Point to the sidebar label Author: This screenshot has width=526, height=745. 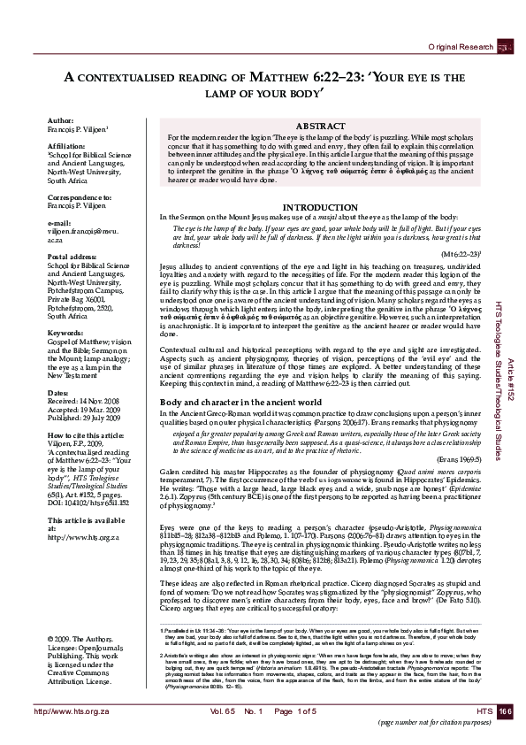pos(60,143)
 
